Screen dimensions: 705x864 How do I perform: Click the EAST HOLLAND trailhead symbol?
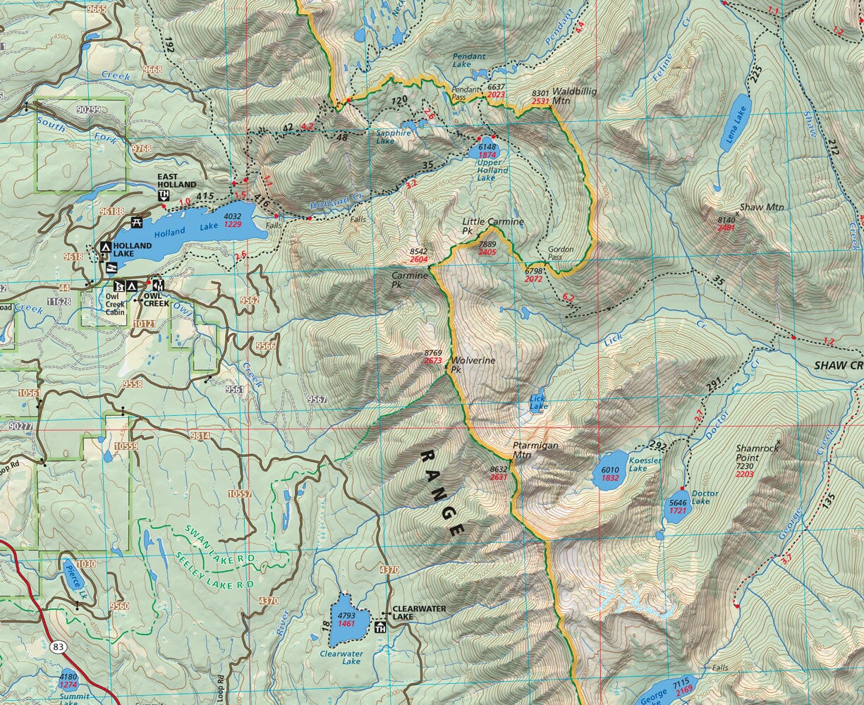coord(164,195)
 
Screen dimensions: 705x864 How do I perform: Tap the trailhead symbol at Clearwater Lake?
coord(382,627)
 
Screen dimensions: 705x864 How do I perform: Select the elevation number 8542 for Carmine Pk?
coord(419,251)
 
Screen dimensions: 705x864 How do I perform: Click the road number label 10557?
coord(240,494)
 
